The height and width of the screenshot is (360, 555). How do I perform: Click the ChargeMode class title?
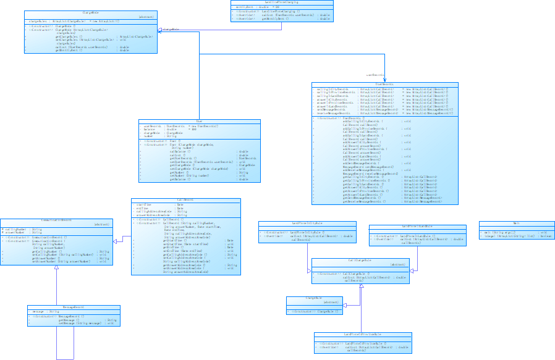(91, 13)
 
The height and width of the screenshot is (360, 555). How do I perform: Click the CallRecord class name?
(186, 200)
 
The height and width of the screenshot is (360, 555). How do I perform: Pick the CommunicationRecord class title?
(56, 220)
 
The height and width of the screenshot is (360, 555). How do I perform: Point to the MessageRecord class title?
(74, 307)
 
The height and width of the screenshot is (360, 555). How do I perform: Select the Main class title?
(515, 223)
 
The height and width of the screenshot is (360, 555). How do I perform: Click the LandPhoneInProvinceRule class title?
(362, 334)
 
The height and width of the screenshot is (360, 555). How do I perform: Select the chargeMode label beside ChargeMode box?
(171, 29)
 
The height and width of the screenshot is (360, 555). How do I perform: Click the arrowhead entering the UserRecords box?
(384, 80)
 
